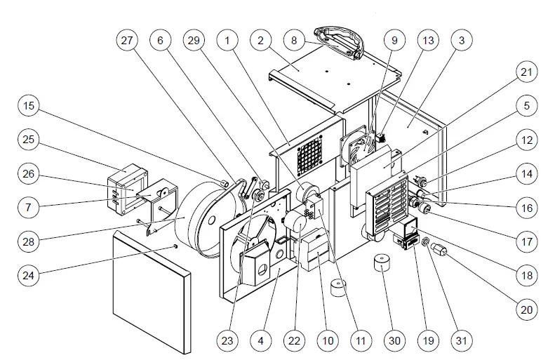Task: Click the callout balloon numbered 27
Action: point(127,41)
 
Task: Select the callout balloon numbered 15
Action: point(28,107)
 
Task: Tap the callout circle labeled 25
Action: point(28,140)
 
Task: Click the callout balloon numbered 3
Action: point(461,41)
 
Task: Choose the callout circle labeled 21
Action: point(526,73)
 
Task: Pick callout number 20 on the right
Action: point(526,308)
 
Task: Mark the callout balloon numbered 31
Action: point(461,341)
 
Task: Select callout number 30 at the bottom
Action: point(395,341)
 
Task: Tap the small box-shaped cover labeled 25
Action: point(126,185)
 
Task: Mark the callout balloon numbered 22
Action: point(293,341)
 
